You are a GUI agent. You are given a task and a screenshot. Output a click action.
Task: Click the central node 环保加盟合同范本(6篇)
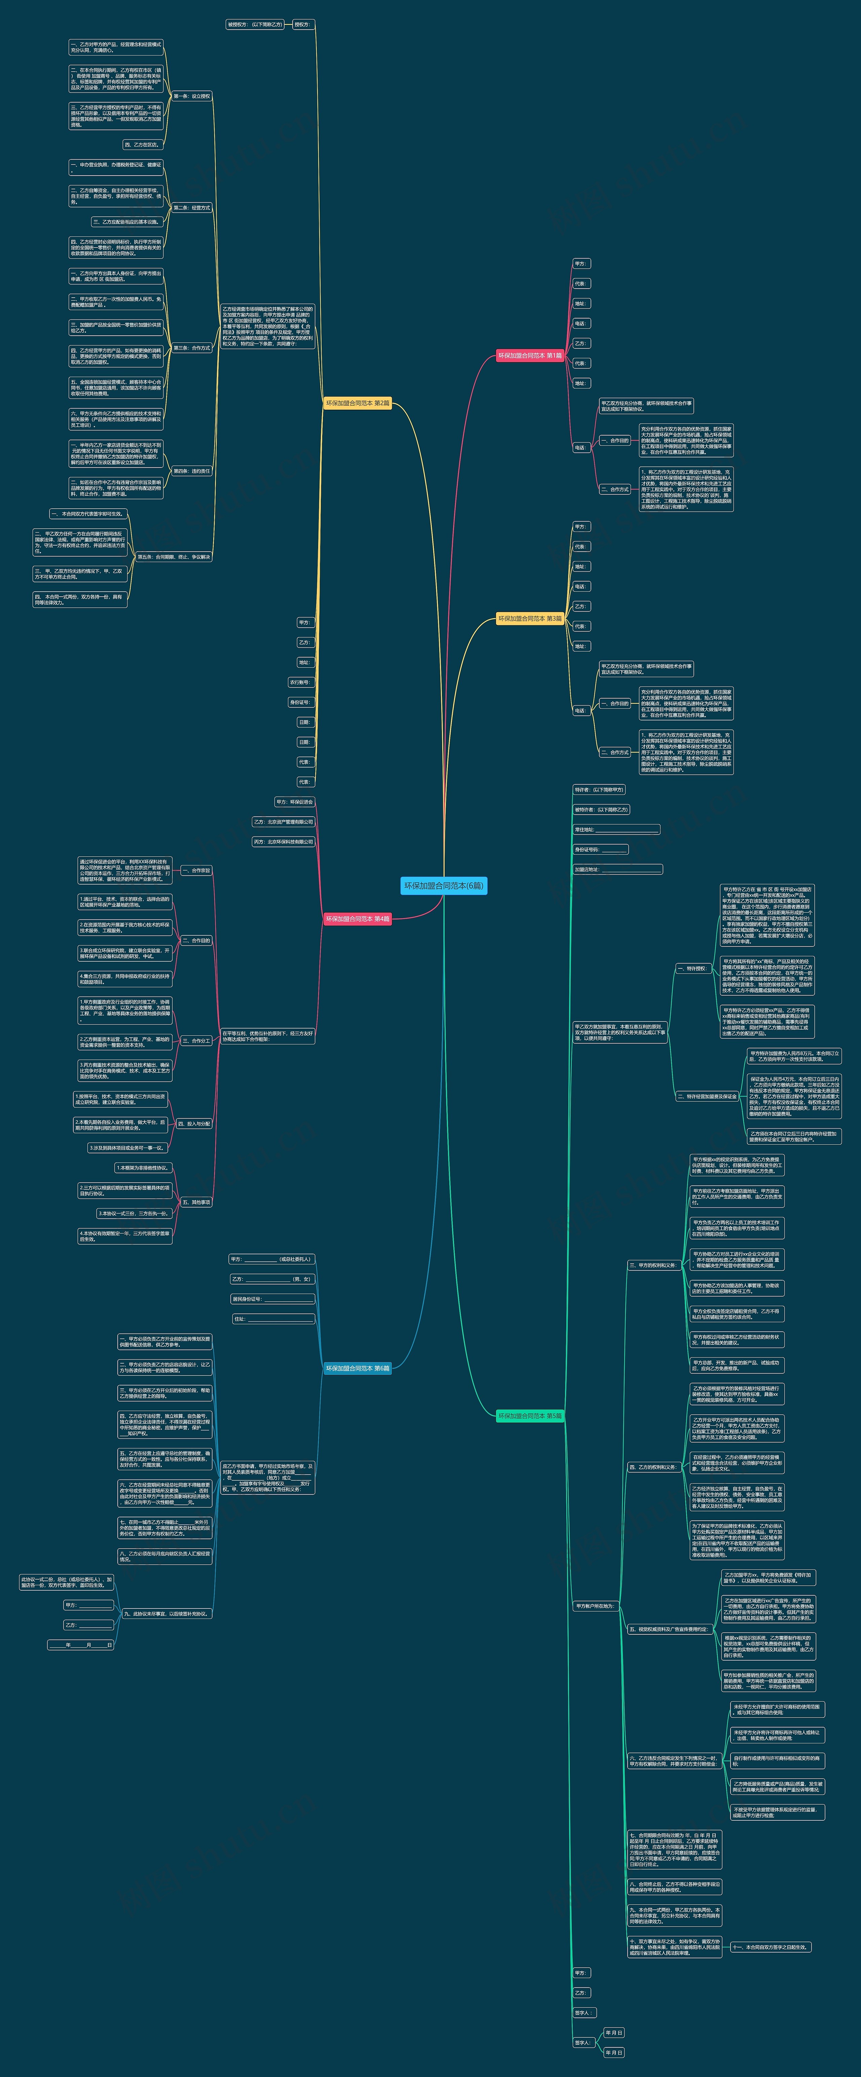pos(443,885)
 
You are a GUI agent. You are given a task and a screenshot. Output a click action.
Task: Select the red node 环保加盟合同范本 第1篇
pos(530,356)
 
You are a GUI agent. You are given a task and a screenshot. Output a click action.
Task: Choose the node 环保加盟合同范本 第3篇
pos(530,619)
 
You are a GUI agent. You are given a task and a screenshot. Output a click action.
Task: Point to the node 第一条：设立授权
pos(192,96)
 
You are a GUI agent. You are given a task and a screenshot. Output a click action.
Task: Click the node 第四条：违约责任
pos(192,471)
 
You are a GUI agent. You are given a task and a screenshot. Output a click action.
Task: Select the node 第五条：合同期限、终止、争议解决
pos(173,556)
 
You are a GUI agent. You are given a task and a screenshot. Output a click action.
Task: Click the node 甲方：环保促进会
pos(294,802)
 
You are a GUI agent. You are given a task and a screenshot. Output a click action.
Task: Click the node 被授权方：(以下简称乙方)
pos(255,24)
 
